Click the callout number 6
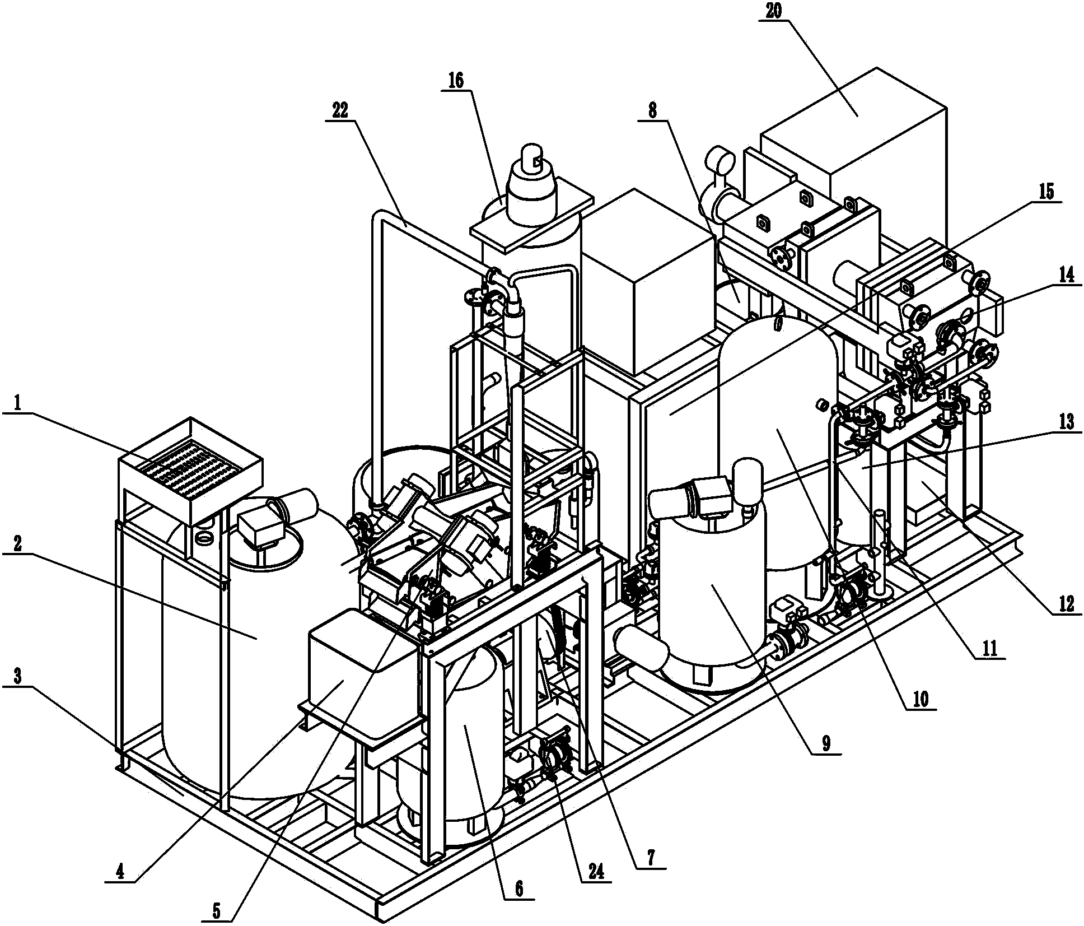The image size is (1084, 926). (518, 888)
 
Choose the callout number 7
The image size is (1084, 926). (651, 858)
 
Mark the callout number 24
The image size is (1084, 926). (595, 872)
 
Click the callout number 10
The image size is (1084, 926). (921, 699)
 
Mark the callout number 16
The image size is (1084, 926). (456, 81)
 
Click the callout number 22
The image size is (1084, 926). (340, 110)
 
